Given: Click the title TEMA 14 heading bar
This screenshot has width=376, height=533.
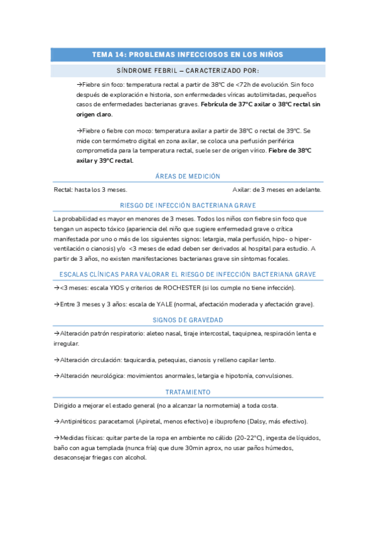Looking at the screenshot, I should point(188,55).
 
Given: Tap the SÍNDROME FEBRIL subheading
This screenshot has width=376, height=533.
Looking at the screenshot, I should point(188,70).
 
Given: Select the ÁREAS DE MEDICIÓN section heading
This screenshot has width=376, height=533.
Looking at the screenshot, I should point(188,177).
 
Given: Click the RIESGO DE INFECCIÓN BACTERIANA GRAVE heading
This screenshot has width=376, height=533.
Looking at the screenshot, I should point(188,206).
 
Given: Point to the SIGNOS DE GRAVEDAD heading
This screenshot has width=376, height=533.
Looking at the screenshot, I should point(188,319).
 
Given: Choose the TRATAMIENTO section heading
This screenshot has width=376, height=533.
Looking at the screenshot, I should point(188,392).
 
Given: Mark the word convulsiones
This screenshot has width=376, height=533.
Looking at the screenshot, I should point(273,376).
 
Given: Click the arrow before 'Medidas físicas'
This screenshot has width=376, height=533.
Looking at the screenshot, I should point(57,437).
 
